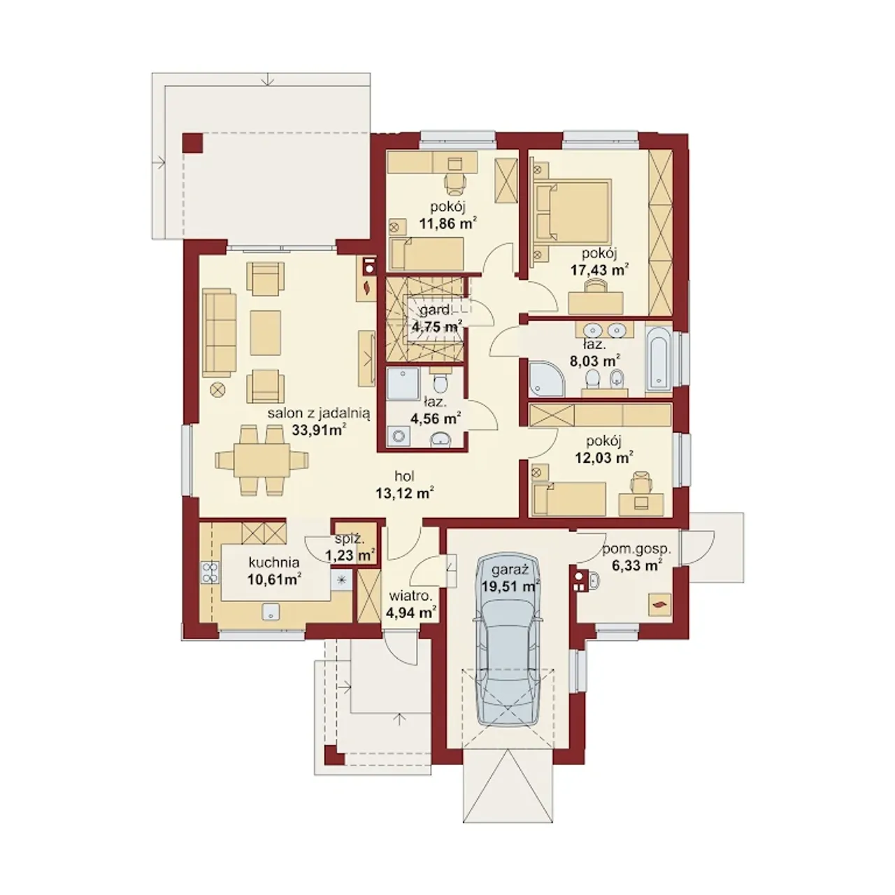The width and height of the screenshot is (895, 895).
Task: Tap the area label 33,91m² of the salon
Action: click(x=319, y=430)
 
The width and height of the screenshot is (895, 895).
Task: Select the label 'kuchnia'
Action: click(x=274, y=563)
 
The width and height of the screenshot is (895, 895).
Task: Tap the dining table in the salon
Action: click(x=262, y=460)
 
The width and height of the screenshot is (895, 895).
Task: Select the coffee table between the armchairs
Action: click(x=265, y=333)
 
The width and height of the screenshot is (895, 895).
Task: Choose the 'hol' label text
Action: click(x=404, y=476)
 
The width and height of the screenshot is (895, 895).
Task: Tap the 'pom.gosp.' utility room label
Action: click(x=637, y=550)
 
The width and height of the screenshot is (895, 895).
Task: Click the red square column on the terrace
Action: click(x=192, y=143)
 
